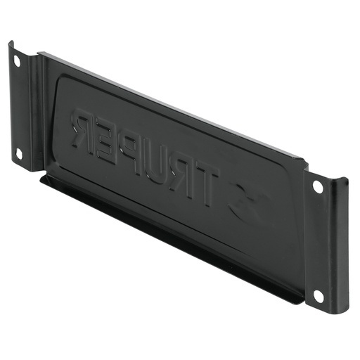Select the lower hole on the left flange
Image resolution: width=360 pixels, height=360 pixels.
[x=19, y=153]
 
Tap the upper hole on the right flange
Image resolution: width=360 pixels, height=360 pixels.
[x=318, y=187]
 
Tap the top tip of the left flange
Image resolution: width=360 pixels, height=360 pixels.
[x=11, y=44]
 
